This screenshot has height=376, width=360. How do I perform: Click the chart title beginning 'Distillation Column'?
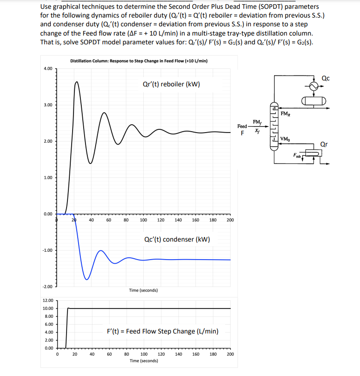(138, 61)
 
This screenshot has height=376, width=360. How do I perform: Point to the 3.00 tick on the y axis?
(48, 105)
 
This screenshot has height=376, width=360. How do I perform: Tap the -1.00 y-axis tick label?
(48, 250)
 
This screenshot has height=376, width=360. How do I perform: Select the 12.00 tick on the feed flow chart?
(48, 300)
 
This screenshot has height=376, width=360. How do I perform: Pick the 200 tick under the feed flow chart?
(230, 354)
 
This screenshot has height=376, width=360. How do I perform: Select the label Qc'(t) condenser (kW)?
(177, 239)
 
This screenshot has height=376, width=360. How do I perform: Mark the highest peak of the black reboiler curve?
(77, 82)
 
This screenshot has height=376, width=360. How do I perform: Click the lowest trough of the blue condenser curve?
(86, 279)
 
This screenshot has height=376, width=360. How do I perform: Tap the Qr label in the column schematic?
(324, 144)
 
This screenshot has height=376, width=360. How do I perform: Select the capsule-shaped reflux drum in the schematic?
(314, 101)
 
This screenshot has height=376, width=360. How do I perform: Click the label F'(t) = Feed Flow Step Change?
(163, 331)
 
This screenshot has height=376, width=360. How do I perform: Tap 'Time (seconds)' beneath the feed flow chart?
(143, 360)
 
